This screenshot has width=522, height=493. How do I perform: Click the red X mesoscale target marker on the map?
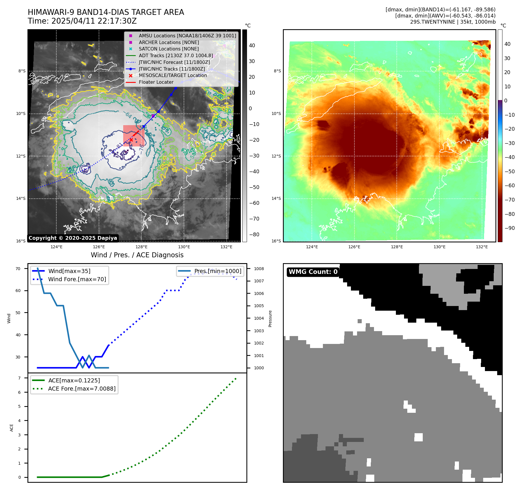[x=131, y=140]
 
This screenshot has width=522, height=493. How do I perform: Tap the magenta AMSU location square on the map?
[x=153, y=116]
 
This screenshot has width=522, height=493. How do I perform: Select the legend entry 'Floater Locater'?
[x=156, y=82]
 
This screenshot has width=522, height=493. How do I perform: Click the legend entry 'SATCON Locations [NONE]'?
[x=168, y=49]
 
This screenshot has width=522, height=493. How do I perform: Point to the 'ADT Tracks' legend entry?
[x=176, y=55]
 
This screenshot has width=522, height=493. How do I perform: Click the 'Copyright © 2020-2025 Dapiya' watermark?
[x=73, y=238]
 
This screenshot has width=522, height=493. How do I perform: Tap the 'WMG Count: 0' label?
[x=313, y=272]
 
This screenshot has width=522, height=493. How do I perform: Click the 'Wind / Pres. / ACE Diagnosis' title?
[x=137, y=255]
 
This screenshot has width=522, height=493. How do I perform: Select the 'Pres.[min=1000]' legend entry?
[x=218, y=271]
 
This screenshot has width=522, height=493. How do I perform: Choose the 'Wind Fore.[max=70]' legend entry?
[x=77, y=279]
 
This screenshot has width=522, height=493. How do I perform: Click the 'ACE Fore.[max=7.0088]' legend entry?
[x=82, y=389]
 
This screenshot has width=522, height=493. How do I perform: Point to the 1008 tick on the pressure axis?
[x=259, y=269]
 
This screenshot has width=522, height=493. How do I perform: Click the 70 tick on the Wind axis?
[x=18, y=269]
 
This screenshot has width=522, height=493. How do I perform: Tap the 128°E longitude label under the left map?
[x=141, y=247]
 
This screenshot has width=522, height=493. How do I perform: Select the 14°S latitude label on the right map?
[x=276, y=198]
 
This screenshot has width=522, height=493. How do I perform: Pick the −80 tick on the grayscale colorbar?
[x=254, y=235]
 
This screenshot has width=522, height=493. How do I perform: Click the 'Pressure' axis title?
[x=270, y=319]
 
